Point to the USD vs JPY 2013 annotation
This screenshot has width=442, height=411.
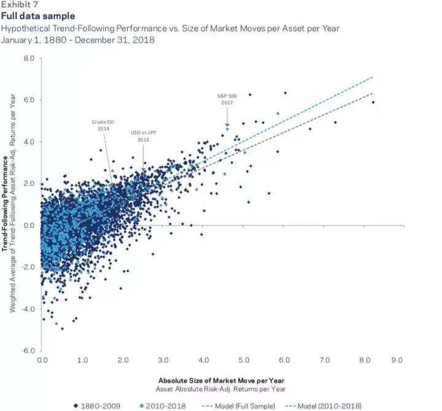(143, 136)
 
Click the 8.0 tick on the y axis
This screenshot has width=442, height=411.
(29, 58)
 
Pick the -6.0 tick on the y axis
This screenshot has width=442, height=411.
(28, 351)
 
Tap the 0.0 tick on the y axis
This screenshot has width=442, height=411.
(29, 225)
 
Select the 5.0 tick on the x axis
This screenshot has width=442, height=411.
(244, 359)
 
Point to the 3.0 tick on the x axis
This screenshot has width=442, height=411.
(163, 359)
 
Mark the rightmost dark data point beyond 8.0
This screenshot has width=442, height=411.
(373, 102)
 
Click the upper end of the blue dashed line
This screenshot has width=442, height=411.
(373, 77)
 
